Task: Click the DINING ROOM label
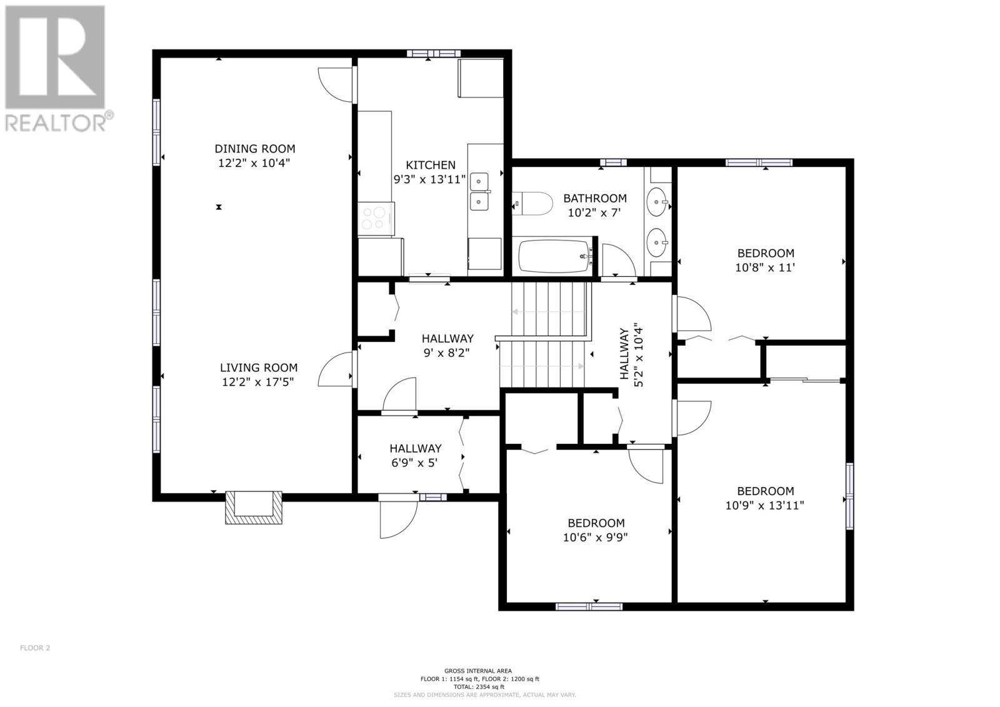coord(255,149)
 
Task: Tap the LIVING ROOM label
coord(259,368)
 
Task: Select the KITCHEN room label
coord(431,165)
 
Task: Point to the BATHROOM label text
coord(594,198)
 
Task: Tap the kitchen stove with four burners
coord(376,219)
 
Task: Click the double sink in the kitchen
coord(479,192)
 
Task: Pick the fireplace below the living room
coord(254,507)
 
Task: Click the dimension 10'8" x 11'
coord(765,268)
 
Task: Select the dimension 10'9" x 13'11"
coord(765,506)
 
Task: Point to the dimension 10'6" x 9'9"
coord(596,538)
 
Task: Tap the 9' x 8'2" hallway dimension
coord(446,353)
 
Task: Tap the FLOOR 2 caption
coord(35,648)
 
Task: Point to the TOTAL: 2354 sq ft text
coord(479,687)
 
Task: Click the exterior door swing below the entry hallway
coord(399,519)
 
